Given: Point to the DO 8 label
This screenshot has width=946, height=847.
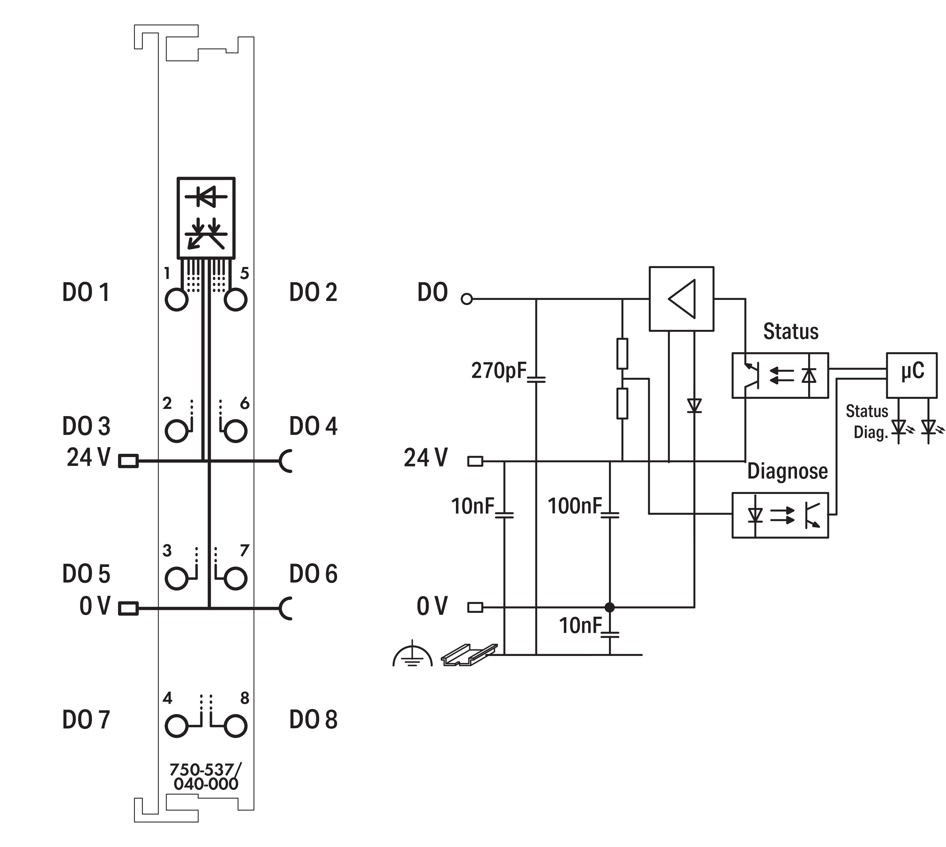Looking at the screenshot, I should tap(313, 719).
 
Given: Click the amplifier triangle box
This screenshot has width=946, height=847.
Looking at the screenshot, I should tap(681, 299).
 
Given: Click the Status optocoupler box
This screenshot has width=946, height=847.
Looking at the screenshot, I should tap(780, 375).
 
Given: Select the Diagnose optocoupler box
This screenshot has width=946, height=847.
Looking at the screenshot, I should tap(780, 515).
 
